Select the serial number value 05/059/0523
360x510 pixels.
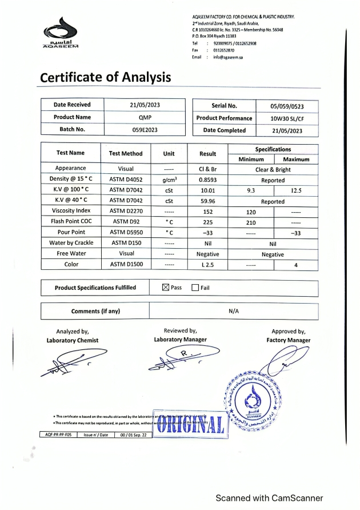click(x=287, y=106)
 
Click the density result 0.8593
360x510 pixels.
click(x=207, y=180)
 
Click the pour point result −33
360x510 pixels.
click(x=207, y=233)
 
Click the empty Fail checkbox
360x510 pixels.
click(x=195, y=287)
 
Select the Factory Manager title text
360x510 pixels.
click(x=288, y=340)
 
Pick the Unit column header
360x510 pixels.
click(x=169, y=153)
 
